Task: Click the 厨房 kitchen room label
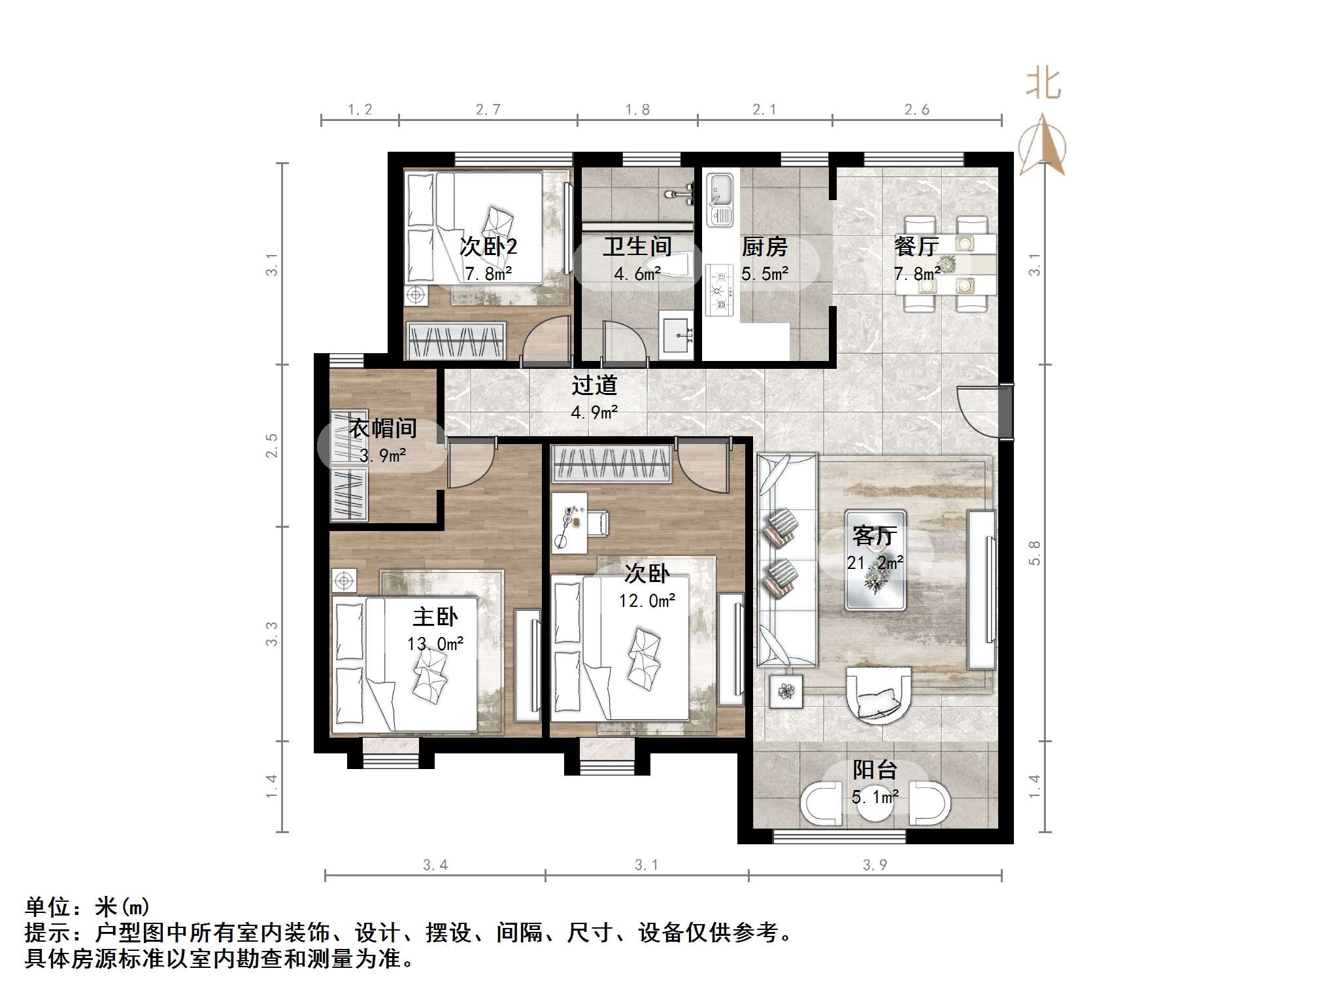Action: tap(764, 247)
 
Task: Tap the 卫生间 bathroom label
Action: tap(637, 247)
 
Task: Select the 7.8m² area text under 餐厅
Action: tap(916, 273)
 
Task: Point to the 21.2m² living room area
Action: tap(875, 562)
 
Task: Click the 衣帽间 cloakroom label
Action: tap(382, 428)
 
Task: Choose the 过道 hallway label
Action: tap(594, 385)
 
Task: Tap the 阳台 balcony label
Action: tap(875, 770)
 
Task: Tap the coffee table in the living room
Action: tap(875, 560)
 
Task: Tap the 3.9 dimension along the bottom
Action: tap(875, 865)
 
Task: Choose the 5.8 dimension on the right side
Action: tap(1034, 553)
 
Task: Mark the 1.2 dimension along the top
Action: tap(360, 110)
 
